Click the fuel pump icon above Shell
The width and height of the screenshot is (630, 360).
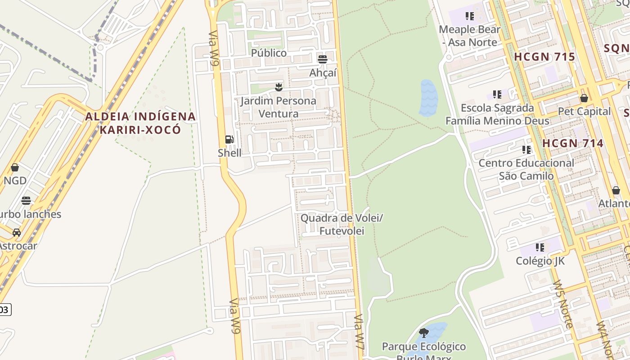pyautogui.click(x=229, y=139)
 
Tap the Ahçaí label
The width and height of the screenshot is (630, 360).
pyautogui.click(x=323, y=73)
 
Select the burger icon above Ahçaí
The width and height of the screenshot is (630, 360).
pyautogui.click(x=322, y=59)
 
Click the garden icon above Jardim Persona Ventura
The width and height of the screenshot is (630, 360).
pyautogui.click(x=279, y=87)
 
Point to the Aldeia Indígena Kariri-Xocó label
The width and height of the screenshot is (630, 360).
pyautogui.click(x=140, y=123)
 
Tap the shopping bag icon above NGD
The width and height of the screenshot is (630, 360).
pyautogui.click(x=15, y=167)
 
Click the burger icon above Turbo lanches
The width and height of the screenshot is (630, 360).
pyautogui.click(x=26, y=200)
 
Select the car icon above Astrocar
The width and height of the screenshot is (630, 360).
pyautogui.click(x=17, y=233)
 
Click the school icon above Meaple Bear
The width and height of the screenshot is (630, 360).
pyautogui.click(x=470, y=17)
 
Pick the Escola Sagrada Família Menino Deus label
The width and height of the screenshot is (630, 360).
pyautogui.click(x=497, y=114)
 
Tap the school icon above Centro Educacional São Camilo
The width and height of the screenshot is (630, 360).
pyautogui.click(x=526, y=149)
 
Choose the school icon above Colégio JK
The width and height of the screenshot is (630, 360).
pyautogui.click(x=540, y=247)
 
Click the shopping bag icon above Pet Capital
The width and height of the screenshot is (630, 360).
pyautogui.click(x=584, y=98)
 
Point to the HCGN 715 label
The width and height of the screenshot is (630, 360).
pyautogui.click(x=544, y=57)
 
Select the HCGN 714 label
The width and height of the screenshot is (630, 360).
pyautogui.click(x=572, y=144)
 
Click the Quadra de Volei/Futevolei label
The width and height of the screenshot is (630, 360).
pyautogui.click(x=342, y=225)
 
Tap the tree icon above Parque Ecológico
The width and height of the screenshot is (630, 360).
pyautogui.click(x=423, y=333)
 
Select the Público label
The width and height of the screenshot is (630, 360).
pyautogui.click(x=269, y=53)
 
